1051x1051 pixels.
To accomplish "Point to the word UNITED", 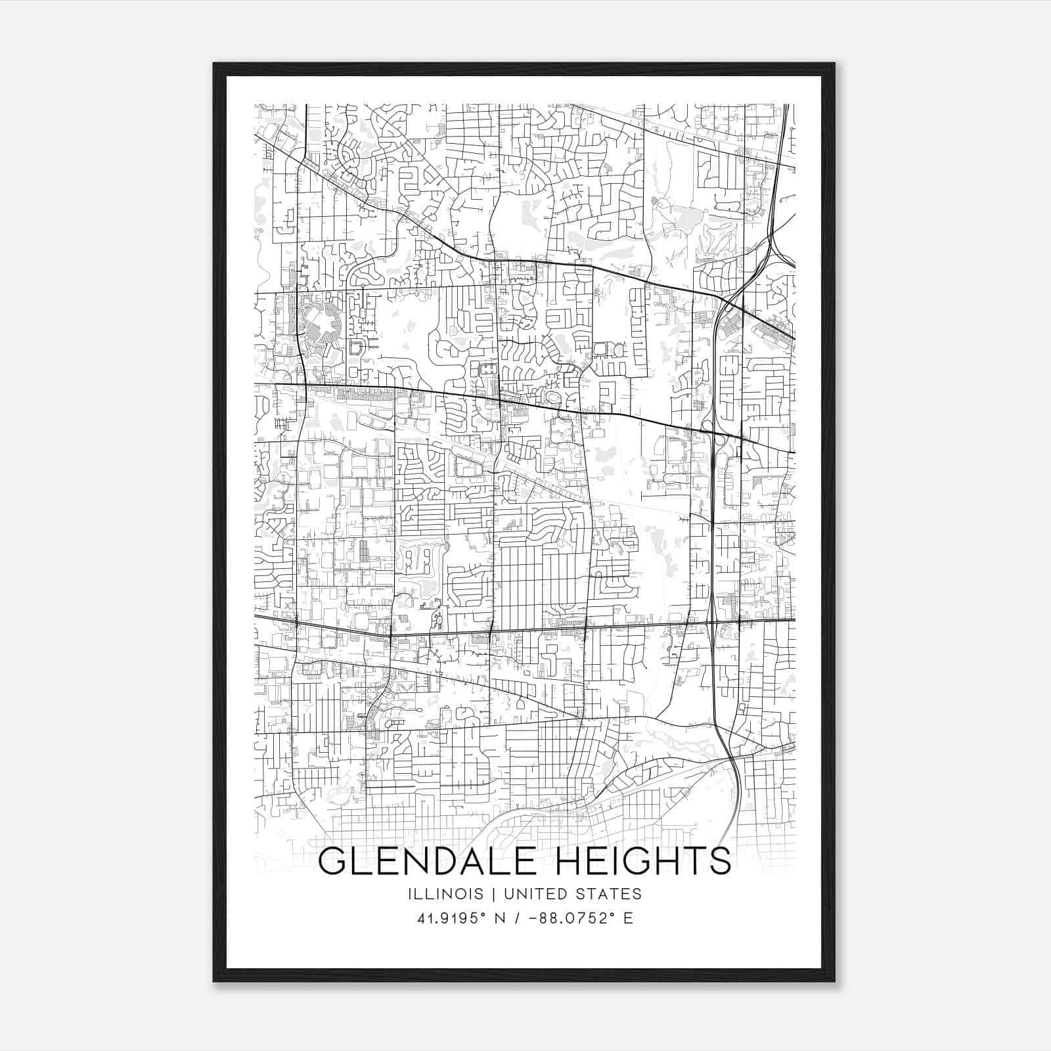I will point(534,894).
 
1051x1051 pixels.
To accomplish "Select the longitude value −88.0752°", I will point(571,918).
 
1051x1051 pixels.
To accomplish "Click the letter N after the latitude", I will point(499,918).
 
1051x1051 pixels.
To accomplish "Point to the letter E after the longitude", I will point(629,918).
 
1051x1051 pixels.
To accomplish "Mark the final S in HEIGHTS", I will point(720,861).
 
